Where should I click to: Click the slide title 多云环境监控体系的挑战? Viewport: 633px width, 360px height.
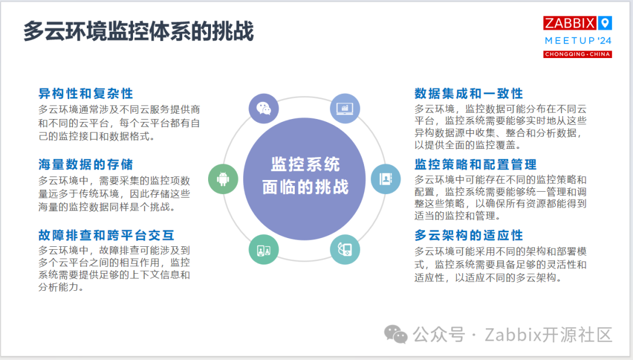pos(138,31)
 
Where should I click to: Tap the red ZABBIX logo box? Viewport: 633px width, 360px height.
pos(570,23)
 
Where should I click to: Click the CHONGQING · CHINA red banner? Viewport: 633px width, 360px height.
pos(577,55)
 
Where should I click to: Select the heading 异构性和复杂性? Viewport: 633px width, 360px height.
pos(86,94)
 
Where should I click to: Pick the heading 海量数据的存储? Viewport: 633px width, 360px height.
pos(86,165)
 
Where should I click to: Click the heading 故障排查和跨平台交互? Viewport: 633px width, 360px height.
pos(106,236)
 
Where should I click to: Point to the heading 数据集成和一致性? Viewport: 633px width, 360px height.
pos(468,94)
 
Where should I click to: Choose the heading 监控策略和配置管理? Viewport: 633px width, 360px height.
pos(475,165)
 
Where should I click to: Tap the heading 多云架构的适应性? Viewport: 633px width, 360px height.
pos(468,236)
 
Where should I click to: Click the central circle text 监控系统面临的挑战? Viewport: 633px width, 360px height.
pos(305,176)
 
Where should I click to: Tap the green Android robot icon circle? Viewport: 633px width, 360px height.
pos(223,179)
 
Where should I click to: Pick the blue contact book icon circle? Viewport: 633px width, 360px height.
pos(386,179)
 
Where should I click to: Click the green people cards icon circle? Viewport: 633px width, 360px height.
pos(263,249)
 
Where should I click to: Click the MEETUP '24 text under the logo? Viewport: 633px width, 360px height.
pos(577,40)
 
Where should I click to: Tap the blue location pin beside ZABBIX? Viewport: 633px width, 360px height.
pos(605,23)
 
